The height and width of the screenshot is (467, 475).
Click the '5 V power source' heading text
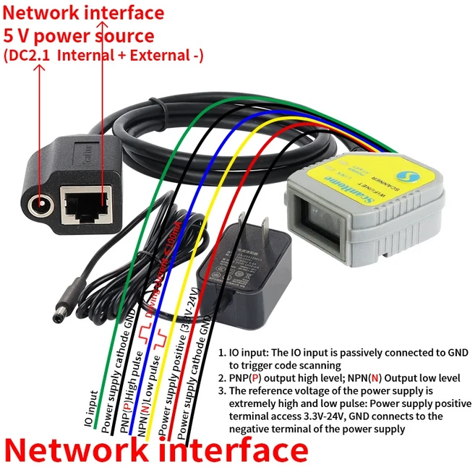(79, 35)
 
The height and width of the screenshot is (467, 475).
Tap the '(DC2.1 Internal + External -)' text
(104, 55)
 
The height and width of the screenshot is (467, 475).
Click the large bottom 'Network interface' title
(156, 450)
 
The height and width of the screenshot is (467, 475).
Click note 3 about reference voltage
(340, 409)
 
